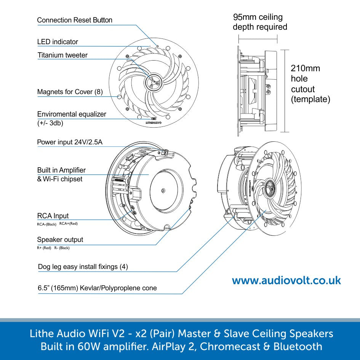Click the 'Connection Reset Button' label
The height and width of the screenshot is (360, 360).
coord(75,20)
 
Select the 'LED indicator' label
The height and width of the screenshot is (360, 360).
coord(58,42)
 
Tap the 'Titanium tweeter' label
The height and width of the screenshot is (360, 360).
coord(62,55)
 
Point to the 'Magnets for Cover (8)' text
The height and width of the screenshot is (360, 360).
coord(70,92)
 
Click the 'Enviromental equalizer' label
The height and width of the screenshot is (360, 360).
coord(72,114)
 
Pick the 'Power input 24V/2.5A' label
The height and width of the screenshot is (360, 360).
coord(70,142)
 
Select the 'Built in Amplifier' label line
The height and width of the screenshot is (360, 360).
coord(61,170)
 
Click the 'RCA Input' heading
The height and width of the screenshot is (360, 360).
coord(53,216)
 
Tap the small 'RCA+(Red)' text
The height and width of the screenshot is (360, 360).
coord(69,224)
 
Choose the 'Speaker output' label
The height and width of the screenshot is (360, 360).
coord(60,240)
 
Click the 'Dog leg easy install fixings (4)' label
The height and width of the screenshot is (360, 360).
coord(83,267)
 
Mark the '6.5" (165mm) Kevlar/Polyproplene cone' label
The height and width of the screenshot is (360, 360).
coord(97,288)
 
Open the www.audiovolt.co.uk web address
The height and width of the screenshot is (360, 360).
coord(286,281)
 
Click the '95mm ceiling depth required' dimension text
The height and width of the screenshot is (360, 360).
coord(259,22)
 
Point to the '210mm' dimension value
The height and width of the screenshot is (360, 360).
coord(305,69)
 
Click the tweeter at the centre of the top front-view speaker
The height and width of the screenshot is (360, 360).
coord(153,81)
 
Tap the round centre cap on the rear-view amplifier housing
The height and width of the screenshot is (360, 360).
coord(163,190)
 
